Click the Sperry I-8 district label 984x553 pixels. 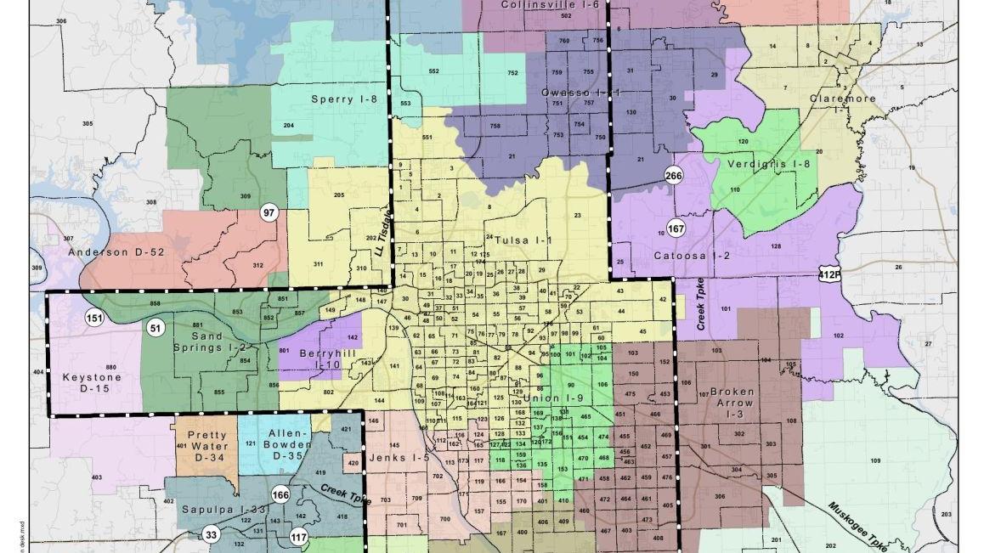coord(343,99)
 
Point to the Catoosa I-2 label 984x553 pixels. coord(692,255)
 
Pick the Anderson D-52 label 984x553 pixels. coord(116,252)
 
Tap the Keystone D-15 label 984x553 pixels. coord(92,383)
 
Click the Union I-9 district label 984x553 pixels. coord(553,398)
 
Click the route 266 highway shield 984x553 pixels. coord(674,176)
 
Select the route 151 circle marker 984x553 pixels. coord(94,319)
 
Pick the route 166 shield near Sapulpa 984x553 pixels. coord(280,495)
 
